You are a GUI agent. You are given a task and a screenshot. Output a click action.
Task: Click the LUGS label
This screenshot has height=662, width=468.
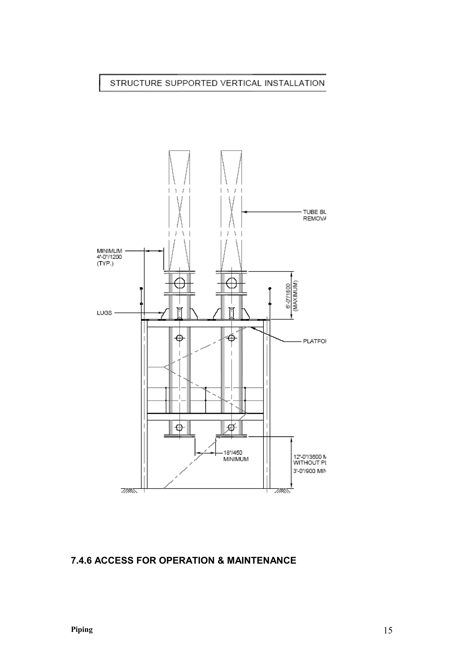[x=104, y=313]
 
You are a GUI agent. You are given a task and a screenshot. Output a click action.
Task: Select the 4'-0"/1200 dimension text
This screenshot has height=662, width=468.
[x=109, y=257]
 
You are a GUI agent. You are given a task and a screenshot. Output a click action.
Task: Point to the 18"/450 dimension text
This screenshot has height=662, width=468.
[x=233, y=453]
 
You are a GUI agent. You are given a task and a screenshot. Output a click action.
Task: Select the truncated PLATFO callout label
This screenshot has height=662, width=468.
[x=314, y=341]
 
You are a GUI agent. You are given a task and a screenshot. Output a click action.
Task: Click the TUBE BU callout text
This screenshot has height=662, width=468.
[x=314, y=212]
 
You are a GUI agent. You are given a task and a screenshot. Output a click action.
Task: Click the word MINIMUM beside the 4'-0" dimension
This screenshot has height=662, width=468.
[x=109, y=251]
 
